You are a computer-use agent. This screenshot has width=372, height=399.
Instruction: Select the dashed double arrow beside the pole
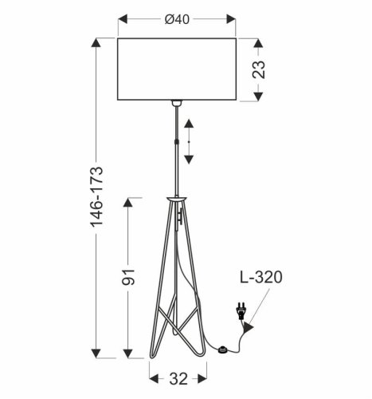pos(189,142)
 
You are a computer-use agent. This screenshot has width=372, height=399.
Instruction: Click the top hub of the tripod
pos(177,198)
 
